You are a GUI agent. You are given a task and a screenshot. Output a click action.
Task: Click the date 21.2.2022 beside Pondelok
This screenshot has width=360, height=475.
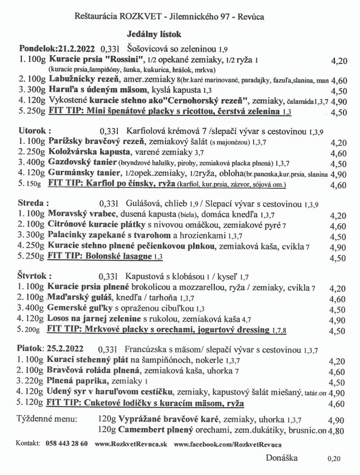click(75, 48)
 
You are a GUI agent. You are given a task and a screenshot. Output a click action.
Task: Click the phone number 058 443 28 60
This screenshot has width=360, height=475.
click(67, 443)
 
